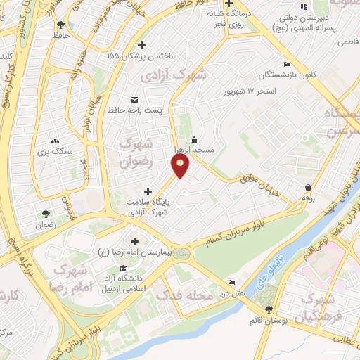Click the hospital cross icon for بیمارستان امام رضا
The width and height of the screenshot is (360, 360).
[134, 240]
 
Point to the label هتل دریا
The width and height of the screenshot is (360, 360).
[231, 291]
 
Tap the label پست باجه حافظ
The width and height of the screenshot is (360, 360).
[134, 110]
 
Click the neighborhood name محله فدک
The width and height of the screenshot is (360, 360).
[186, 296]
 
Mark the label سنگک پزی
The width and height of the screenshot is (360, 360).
[56, 150]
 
